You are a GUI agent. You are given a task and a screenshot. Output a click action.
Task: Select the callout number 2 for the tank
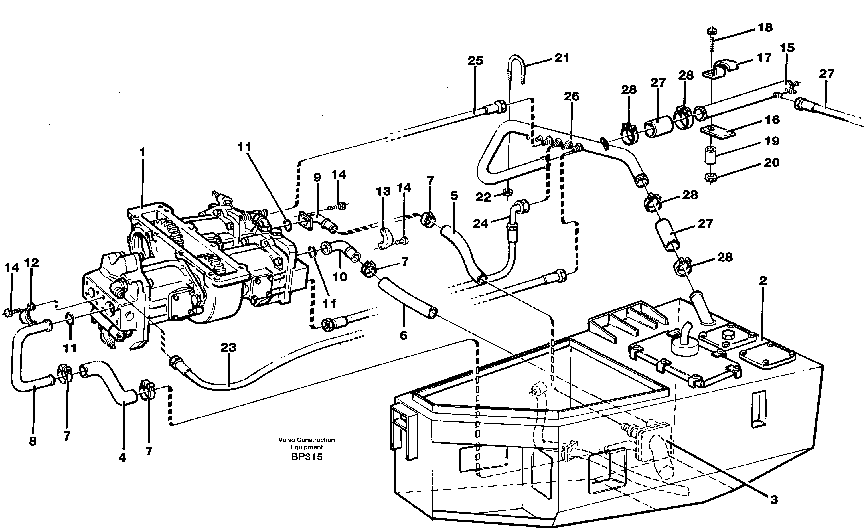(763, 281)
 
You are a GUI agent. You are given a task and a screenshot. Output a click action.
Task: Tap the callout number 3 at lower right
(774, 500)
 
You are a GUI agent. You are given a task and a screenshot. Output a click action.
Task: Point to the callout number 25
(475, 61)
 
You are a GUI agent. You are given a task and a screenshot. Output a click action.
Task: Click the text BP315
(306, 457)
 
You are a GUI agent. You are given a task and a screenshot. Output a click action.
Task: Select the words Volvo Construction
(306, 440)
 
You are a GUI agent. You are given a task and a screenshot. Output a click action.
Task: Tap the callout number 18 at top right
(765, 27)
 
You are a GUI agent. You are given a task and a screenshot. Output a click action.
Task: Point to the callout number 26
(572, 96)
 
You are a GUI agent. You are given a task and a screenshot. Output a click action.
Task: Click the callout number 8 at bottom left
(32, 441)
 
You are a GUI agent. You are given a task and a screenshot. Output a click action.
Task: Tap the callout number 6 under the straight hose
(404, 335)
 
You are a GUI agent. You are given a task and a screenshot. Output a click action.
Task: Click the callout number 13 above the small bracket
(383, 191)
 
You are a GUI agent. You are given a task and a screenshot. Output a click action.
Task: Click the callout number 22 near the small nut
(483, 197)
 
